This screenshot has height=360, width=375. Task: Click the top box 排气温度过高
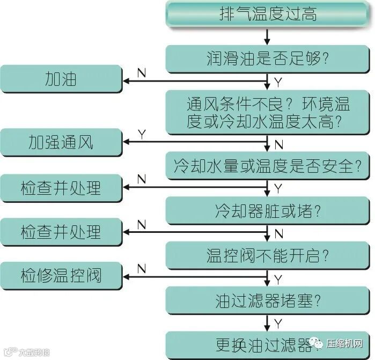(x=267, y=14)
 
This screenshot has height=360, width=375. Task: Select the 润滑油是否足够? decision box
(x=267, y=58)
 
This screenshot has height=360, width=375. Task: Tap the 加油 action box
(x=61, y=79)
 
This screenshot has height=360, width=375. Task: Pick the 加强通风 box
(x=61, y=142)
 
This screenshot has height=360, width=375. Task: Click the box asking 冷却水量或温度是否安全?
(x=267, y=166)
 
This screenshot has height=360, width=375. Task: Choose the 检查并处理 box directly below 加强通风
(x=61, y=188)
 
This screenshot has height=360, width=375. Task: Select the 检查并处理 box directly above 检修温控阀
(x=61, y=232)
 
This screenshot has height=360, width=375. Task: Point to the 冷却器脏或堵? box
(x=267, y=210)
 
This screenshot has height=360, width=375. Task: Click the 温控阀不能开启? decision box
(x=267, y=255)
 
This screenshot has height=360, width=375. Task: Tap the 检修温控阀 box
(x=61, y=276)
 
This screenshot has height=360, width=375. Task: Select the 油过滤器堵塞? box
(x=267, y=300)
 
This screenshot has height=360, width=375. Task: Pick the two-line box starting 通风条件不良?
(x=267, y=112)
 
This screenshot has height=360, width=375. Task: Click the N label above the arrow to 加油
(x=141, y=71)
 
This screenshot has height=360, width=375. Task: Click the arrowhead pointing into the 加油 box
(x=127, y=81)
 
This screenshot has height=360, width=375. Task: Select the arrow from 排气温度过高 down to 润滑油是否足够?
(x=267, y=35)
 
